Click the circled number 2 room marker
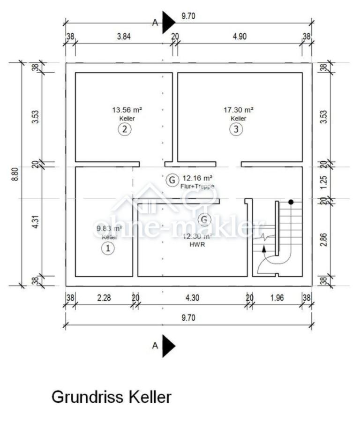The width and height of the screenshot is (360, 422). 125,129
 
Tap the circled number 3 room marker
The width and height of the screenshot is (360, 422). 236,129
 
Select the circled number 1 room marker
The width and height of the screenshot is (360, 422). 108,248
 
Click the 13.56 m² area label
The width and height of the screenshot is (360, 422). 127,110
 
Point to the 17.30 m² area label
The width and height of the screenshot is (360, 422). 239,110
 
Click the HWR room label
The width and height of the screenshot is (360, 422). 197,244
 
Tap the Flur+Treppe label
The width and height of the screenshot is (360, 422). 197,186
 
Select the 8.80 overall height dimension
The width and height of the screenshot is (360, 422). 15,174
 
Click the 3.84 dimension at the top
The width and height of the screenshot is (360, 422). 124,36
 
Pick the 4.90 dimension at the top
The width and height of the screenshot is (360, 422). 240,36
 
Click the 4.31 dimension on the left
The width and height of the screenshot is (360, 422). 36,222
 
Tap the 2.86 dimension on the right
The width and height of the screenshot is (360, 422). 324,239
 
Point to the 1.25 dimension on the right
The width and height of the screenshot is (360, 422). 324,182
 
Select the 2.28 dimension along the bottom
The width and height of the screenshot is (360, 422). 104,298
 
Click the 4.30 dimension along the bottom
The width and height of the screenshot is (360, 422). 192,298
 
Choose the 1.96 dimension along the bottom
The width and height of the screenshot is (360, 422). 277,298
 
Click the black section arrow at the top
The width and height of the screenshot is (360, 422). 168,23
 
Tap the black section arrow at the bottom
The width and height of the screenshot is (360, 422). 168,346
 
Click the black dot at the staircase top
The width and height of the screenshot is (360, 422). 291,202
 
